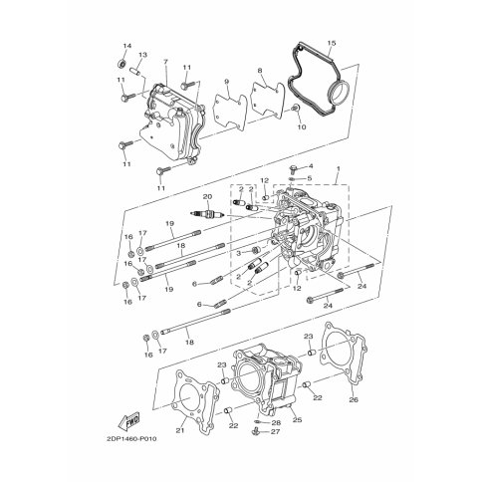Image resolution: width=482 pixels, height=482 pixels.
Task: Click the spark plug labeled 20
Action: coord(208,214)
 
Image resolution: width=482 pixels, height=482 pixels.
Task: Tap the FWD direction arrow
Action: coord(128,421)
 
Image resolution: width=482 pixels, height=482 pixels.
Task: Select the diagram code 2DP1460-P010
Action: coord(131,439)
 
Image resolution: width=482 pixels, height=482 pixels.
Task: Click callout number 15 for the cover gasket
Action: coord(332,43)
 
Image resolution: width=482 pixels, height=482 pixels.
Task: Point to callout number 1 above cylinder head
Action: coord(339,168)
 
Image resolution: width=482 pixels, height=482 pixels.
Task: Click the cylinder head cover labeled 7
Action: coord(171,126)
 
